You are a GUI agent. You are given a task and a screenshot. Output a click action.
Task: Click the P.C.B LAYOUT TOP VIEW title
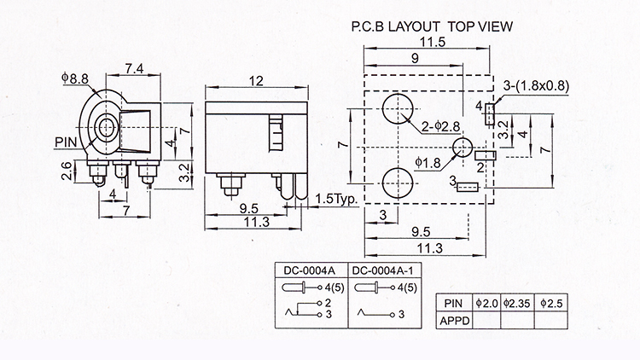[x=432, y=26]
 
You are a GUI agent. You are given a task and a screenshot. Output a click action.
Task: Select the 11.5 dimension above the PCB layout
[x=433, y=42]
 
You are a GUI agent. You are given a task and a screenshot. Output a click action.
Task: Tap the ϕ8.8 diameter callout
[x=75, y=78]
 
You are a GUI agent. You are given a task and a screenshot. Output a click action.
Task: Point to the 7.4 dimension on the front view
[x=134, y=68]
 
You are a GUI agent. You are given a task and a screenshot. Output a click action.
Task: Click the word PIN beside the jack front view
[x=66, y=142]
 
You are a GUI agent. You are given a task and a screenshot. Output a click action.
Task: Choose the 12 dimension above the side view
[x=256, y=81]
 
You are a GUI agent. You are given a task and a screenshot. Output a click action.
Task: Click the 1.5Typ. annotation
[x=336, y=199]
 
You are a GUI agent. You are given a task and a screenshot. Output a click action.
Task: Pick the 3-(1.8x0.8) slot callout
[x=536, y=85]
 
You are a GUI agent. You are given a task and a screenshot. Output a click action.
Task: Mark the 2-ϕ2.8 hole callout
[x=441, y=126]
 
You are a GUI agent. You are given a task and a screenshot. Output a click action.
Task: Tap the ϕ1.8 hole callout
[x=428, y=163]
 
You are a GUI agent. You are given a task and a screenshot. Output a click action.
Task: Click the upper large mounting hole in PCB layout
[x=398, y=109]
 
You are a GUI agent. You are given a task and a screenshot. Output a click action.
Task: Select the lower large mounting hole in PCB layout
[x=398, y=183]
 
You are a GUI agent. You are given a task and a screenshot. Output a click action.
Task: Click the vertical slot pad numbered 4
[x=490, y=113]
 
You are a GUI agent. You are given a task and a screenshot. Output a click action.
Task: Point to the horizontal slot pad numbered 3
[x=468, y=187]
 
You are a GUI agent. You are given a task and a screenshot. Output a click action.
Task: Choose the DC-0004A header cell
[x=311, y=270]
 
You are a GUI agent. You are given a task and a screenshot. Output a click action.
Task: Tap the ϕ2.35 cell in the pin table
[x=517, y=303]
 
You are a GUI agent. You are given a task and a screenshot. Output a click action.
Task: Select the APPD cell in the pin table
[x=454, y=321]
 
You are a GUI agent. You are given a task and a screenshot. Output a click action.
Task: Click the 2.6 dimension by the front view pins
[x=67, y=171]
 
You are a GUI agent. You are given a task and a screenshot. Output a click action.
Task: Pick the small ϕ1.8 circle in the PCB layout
[x=463, y=148]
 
